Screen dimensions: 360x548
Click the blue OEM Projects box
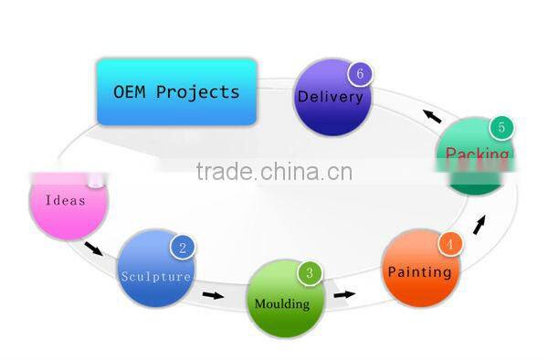[x=176, y=91]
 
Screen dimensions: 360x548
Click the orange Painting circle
[x=420, y=270]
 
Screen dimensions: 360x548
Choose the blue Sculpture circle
[x=157, y=270]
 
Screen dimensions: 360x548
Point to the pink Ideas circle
[x=68, y=201]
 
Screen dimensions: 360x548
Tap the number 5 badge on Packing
[x=500, y=128]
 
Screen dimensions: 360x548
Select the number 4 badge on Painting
[x=448, y=244]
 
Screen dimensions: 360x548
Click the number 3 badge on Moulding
[x=310, y=272]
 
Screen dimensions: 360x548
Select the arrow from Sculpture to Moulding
[x=212, y=295]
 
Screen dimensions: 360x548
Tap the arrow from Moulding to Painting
[x=343, y=294]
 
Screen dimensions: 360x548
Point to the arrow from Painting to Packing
[x=479, y=224]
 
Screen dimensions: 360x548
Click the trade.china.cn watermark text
[x=273, y=172]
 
